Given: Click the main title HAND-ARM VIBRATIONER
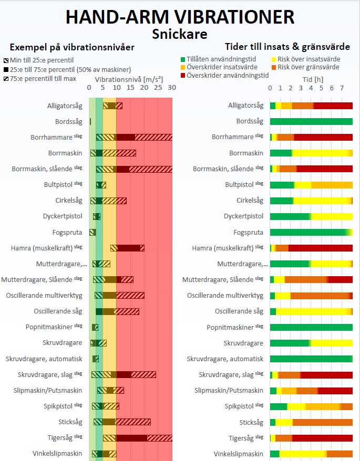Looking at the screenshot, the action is pos(180,17).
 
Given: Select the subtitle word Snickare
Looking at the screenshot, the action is pos(180,34).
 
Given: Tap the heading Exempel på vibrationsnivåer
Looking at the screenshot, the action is pos(72,47).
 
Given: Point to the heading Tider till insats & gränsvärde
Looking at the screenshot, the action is pos(287,47).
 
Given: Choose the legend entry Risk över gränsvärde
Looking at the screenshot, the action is pos(305,67).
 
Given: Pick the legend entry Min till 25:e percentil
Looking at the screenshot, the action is pos(38,60).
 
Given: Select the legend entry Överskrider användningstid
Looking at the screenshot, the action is pos(224,75).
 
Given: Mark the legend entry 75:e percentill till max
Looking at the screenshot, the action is pos(40,79).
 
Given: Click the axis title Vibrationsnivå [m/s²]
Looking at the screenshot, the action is pos(129,80).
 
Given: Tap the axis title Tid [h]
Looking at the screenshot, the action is pos(313,80).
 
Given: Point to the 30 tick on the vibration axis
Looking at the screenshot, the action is pos(172,88).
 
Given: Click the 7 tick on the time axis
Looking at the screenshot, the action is pos(342,88).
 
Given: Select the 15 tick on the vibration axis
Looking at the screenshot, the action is pos(130,88).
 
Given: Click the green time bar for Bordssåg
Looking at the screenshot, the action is pos(311,121).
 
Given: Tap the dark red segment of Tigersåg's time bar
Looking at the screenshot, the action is pos(322,438).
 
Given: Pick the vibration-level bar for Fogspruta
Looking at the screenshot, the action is pos(92,232).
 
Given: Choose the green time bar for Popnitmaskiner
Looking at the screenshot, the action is pos(311,327).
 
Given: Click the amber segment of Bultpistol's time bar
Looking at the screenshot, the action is pos(332,185).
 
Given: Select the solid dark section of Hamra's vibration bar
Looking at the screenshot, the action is pos(129,248).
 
